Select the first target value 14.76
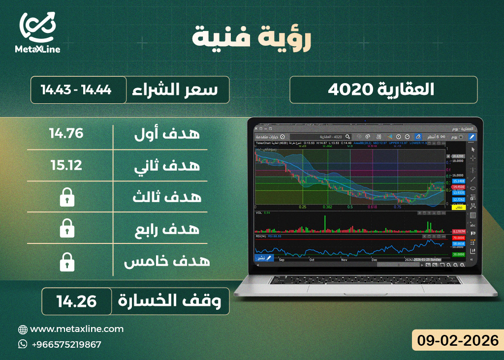66,133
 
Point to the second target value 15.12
66,165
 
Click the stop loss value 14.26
76,300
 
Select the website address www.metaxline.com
77,329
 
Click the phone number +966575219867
66,344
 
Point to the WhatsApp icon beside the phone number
23,344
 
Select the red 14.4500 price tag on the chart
459,187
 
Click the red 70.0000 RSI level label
459,237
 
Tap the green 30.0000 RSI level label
459,254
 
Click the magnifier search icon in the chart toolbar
348,136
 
